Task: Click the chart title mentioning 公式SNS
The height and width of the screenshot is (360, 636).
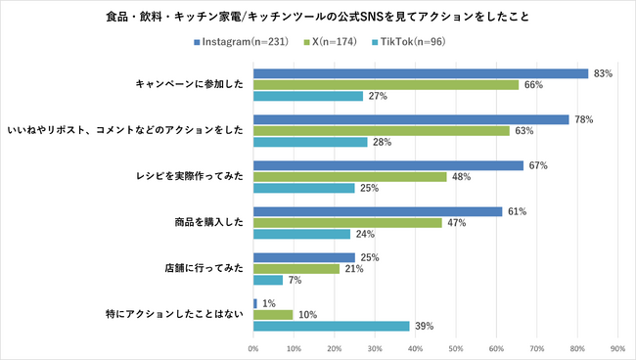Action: pos(318,17)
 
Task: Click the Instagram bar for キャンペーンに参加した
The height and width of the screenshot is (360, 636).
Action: pos(421,73)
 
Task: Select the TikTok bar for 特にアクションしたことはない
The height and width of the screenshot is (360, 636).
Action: pos(332,326)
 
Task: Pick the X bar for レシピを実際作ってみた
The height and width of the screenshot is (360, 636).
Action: pos(350,177)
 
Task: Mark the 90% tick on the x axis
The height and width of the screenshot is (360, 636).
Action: pos(617,347)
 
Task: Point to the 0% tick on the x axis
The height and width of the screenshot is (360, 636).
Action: pos(253,347)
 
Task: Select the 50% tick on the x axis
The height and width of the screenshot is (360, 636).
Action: pos(456,347)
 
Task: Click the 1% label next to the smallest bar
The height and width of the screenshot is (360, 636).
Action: pos(268,303)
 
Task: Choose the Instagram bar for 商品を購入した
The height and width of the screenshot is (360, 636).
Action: pos(378,211)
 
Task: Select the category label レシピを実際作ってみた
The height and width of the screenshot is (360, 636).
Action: pos(197,177)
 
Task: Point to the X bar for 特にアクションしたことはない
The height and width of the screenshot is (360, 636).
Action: pos(273,315)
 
